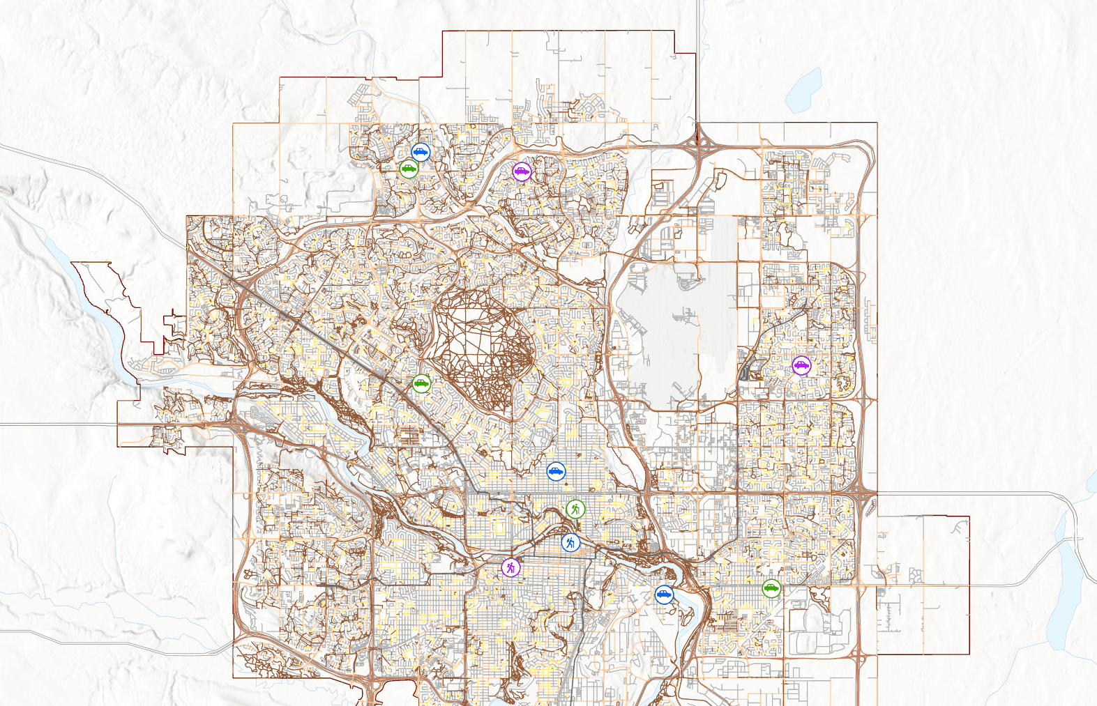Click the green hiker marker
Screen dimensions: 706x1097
pyautogui.click(x=575, y=509)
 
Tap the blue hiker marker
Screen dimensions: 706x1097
pyautogui.click(x=570, y=542)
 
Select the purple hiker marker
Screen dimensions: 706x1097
pyautogui.click(x=511, y=568)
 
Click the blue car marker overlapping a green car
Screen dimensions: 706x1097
pyautogui.click(x=421, y=152)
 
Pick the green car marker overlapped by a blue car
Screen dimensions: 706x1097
pyautogui.click(x=409, y=168)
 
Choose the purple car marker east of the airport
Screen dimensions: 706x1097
pyautogui.click(x=801, y=364)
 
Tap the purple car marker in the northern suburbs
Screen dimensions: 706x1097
pyautogui.click(x=522, y=171)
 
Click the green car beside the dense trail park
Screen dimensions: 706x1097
pyautogui.click(x=421, y=383)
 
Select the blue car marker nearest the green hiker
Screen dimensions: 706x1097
pyautogui.click(x=556, y=472)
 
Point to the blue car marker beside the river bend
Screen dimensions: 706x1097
pyautogui.click(x=664, y=594)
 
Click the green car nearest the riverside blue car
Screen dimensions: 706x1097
pyautogui.click(x=771, y=588)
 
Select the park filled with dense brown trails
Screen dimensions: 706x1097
pyautogui.click(x=481, y=342)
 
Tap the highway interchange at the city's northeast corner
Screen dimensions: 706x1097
pyautogui.click(x=698, y=139)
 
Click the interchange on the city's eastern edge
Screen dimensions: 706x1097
pyautogui.click(x=867, y=495)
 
